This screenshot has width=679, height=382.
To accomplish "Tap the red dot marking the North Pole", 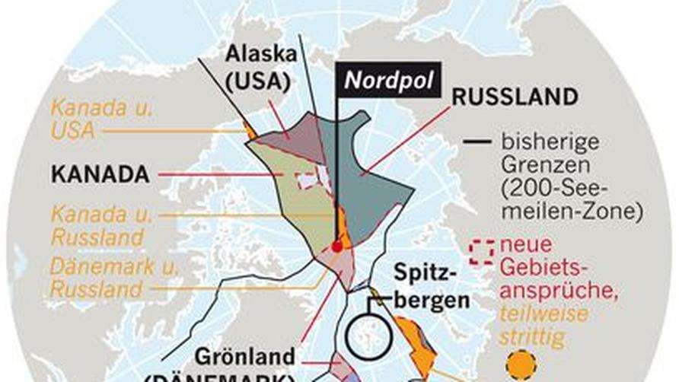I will [337, 247].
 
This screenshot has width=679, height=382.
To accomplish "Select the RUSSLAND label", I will [515, 97].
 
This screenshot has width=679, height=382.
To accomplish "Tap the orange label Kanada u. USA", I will [100, 119].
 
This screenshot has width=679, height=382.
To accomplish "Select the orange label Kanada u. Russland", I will [101, 226].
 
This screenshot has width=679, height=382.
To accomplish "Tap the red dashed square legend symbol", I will [480, 252].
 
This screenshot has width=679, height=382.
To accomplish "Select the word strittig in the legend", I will [532, 338].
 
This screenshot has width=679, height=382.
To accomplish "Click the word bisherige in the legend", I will [550, 142].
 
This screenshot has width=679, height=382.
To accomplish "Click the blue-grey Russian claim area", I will [373, 183].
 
